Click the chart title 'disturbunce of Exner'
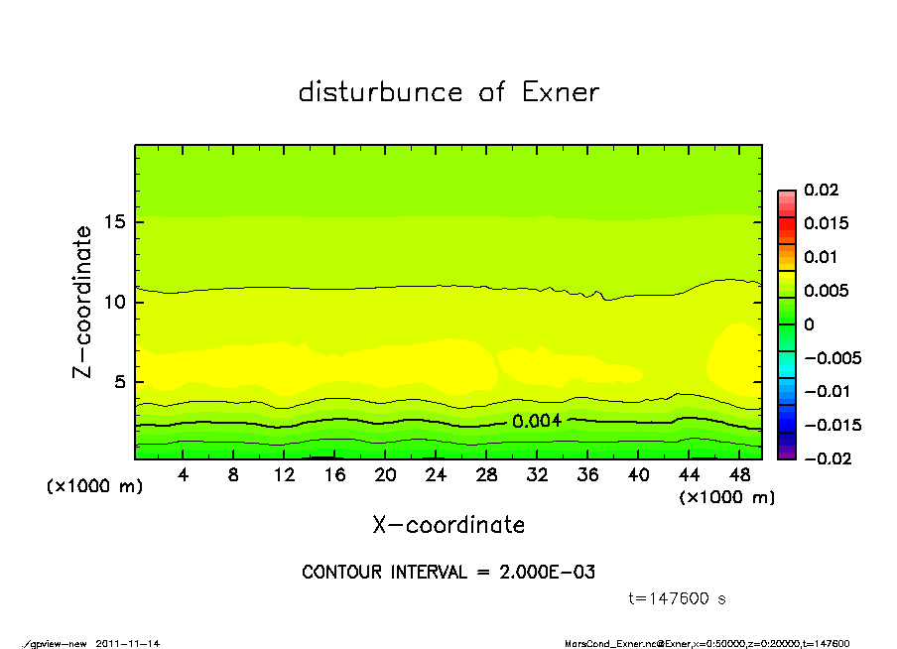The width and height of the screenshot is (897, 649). [x=448, y=92]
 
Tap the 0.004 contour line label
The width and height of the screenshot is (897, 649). [x=537, y=421]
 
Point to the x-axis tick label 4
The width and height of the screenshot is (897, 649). [x=183, y=474]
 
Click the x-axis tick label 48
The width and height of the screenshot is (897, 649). [x=739, y=474]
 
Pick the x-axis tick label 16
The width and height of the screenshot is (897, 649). [x=334, y=474]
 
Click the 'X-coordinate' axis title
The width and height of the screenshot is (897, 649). [x=448, y=524]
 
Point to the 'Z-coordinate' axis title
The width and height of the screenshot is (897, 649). [x=82, y=302]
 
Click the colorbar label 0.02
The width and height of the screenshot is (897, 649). [x=823, y=190]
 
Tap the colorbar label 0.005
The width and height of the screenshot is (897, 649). [x=827, y=291]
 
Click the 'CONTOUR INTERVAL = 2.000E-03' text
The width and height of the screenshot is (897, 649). [x=448, y=573]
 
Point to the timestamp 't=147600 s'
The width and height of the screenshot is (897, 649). [x=678, y=598]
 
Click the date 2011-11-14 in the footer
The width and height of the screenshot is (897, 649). [x=128, y=643]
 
